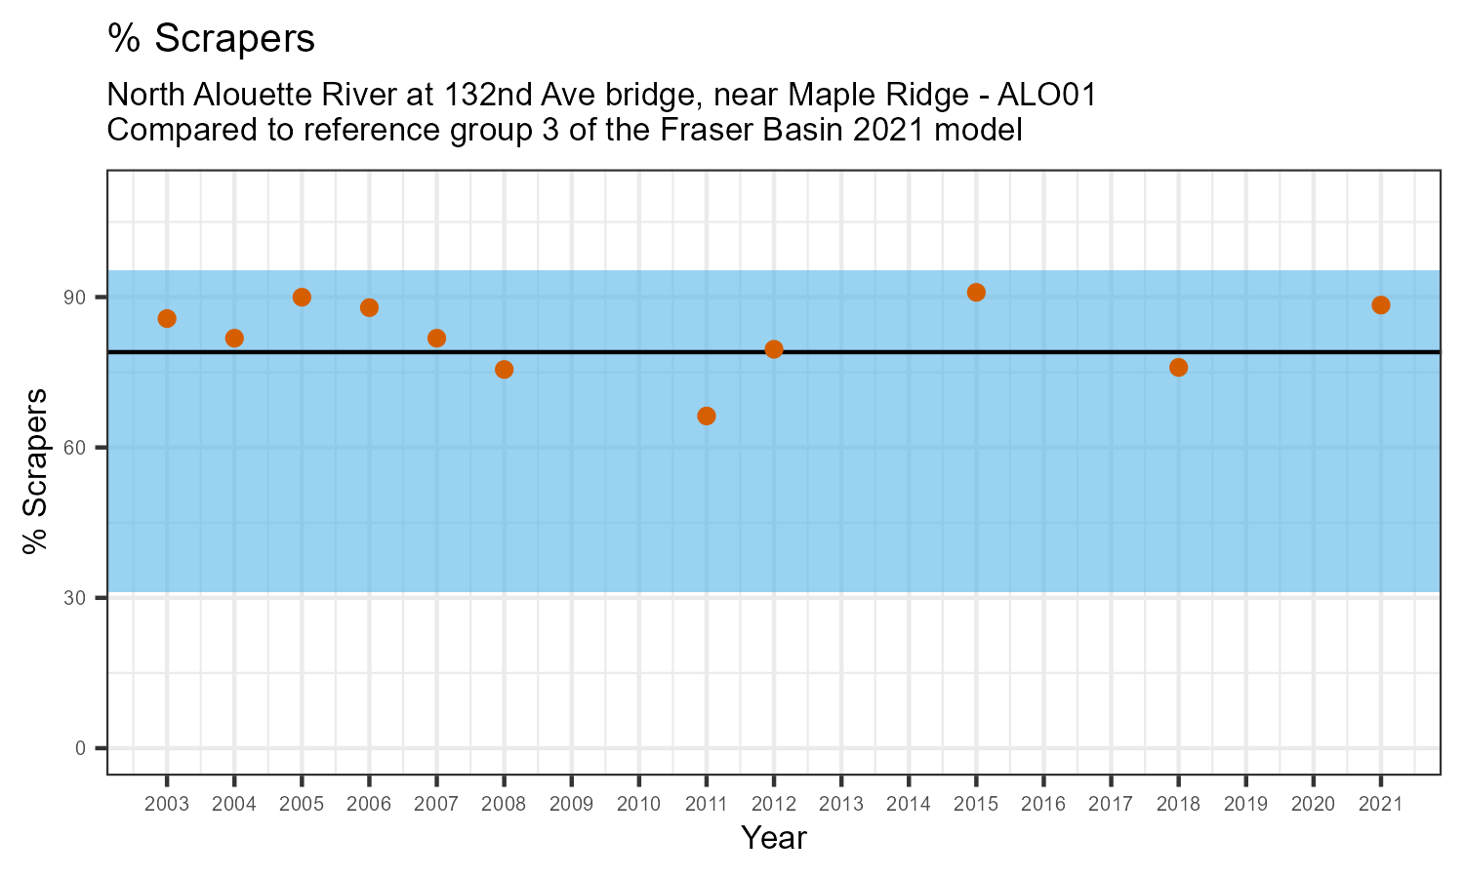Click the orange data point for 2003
167,319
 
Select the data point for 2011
707,417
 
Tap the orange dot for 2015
976,293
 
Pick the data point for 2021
1380,305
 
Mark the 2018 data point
1178,368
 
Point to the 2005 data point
302,298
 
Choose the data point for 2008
504,370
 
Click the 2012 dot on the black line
774,349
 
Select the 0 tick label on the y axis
82,748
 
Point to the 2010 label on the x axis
638,804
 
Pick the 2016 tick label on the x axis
1043,804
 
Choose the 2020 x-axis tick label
1313,804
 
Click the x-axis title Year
773,838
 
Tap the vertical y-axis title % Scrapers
35,472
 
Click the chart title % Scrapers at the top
211,39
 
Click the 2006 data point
369,308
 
